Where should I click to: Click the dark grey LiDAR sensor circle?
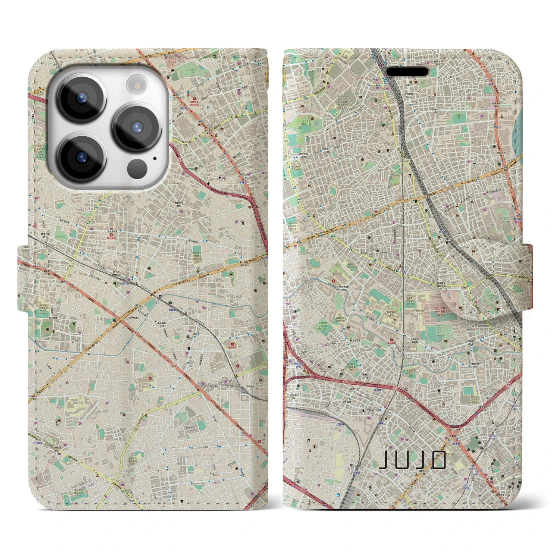coord(138,167)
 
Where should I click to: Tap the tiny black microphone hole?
coord(154,158)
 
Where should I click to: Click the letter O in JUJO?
coord(439,460)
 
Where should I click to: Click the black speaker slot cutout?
coord(407,71)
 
